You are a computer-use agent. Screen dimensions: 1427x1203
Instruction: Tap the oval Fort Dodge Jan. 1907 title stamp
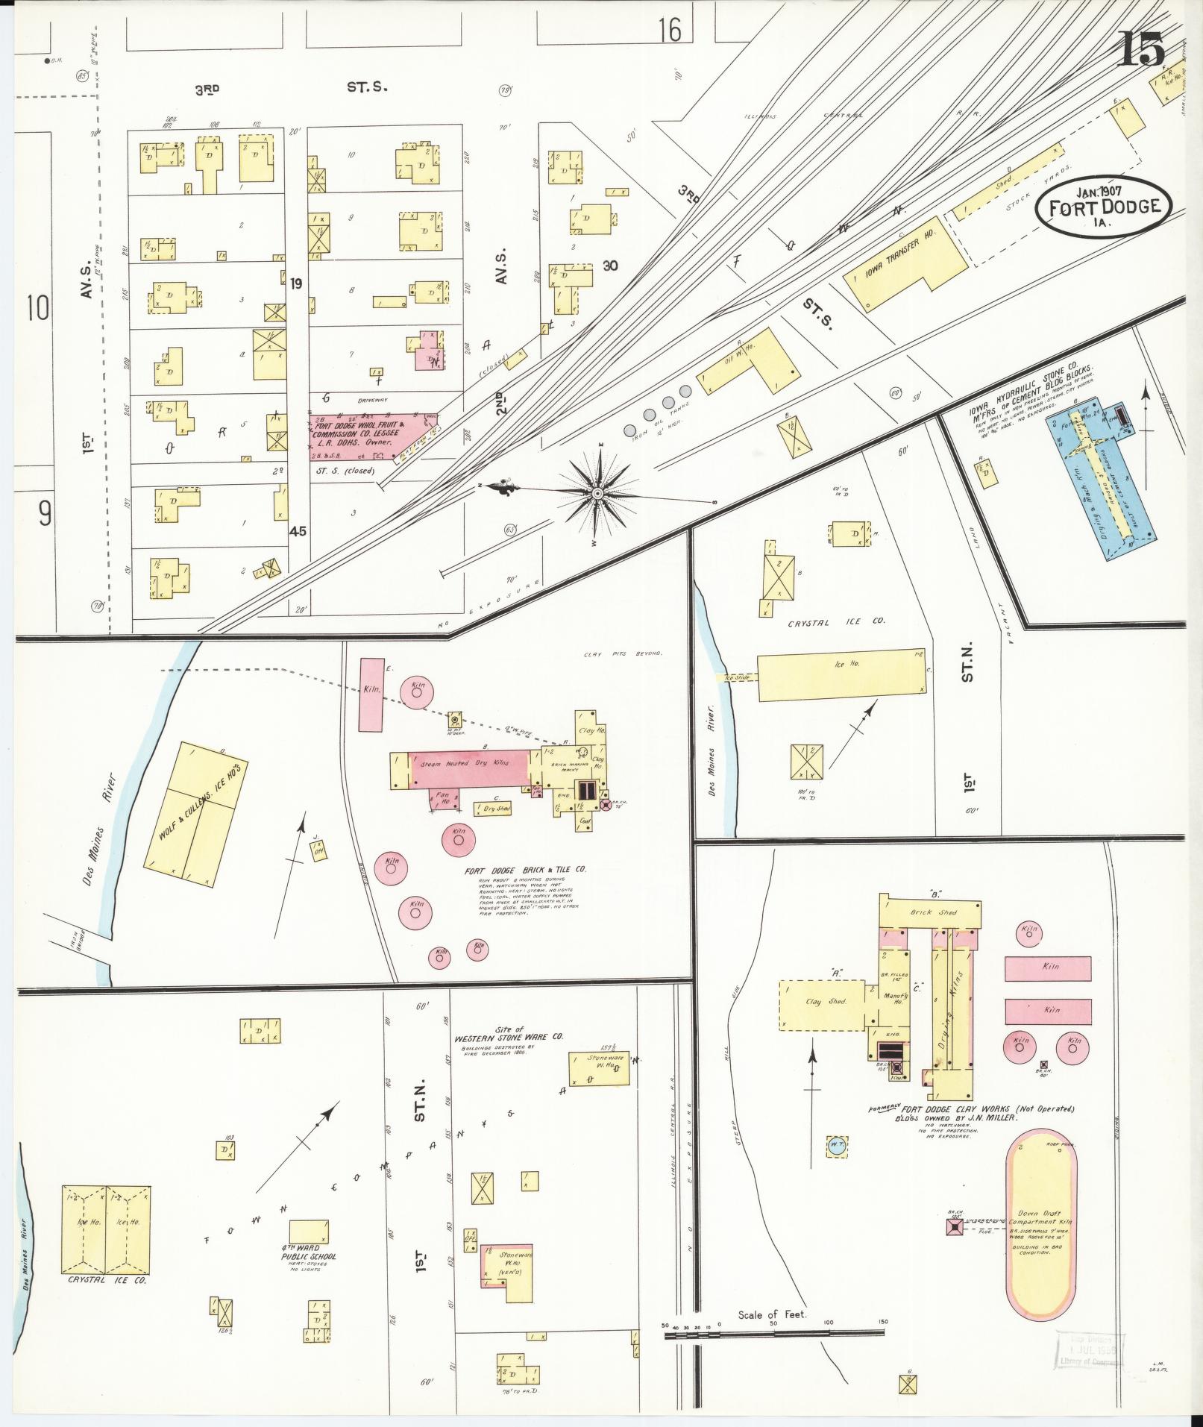point(1102,204)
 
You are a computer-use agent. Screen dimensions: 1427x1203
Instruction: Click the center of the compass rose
point(597,494)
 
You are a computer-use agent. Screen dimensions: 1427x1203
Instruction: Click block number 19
point(297,283)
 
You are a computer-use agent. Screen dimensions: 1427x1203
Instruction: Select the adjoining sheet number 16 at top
point(670,31)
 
